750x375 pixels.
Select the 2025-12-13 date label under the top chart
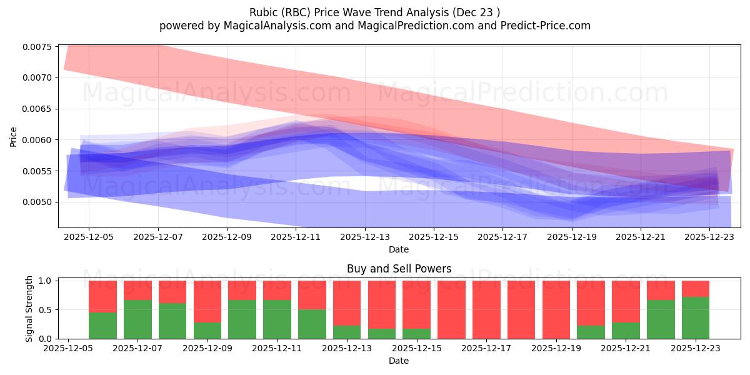click(x=365, y=237)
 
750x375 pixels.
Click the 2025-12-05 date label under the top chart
click(x=89, y=237)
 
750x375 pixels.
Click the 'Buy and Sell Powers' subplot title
click(x=399, y=269)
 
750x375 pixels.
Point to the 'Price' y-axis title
click(x=14, y=136)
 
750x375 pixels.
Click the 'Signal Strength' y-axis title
click(x=29, y=309)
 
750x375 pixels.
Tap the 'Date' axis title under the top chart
click(x=399, y=249)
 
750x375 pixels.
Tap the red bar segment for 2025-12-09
click(x=207, y=301)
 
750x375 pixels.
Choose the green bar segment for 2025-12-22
click(x=661, y=319)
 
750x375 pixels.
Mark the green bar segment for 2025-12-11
click(x=277, y=319)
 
